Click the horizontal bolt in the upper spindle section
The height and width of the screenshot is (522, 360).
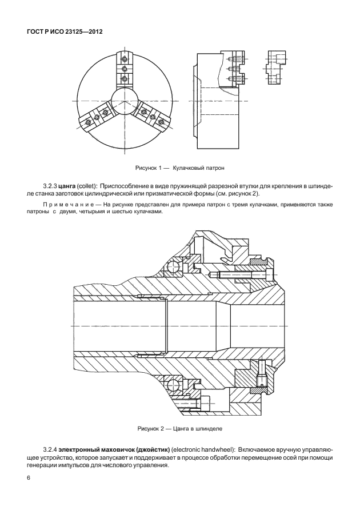click(x=240, y=276)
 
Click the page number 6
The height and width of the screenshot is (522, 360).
click(x=28, y=478)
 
